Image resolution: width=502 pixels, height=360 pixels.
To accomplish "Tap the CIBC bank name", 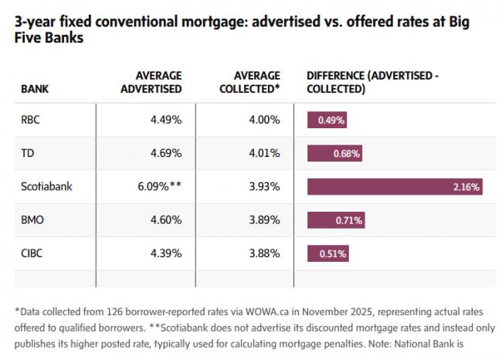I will click(33, 253).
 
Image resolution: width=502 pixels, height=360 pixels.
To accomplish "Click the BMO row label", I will click(33, 219).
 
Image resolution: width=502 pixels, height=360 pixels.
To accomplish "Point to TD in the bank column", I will click(28, 153).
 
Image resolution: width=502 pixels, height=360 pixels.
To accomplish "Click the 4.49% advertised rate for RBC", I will click(166, 120).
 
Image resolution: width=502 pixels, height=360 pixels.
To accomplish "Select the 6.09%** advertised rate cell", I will click(160, 186).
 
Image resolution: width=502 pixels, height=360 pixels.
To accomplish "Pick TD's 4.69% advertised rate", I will click(166, 153).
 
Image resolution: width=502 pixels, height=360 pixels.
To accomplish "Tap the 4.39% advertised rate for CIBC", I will click(166, 253).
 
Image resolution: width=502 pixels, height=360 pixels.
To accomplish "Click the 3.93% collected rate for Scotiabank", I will click(264, 186).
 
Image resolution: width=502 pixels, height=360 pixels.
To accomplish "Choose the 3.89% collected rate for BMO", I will click(264, 219).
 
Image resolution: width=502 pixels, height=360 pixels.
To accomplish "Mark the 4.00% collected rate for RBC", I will click(264, 120).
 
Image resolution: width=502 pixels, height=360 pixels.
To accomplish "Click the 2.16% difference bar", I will click(395, 186).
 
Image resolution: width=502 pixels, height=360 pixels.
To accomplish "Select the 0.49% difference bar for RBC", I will click(327, 120).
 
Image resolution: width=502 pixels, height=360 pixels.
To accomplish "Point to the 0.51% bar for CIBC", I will click(328, 253).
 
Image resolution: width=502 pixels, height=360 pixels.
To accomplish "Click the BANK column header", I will click(35, 90).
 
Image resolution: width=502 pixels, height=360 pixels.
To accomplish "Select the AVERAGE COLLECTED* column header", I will click(256, 82).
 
